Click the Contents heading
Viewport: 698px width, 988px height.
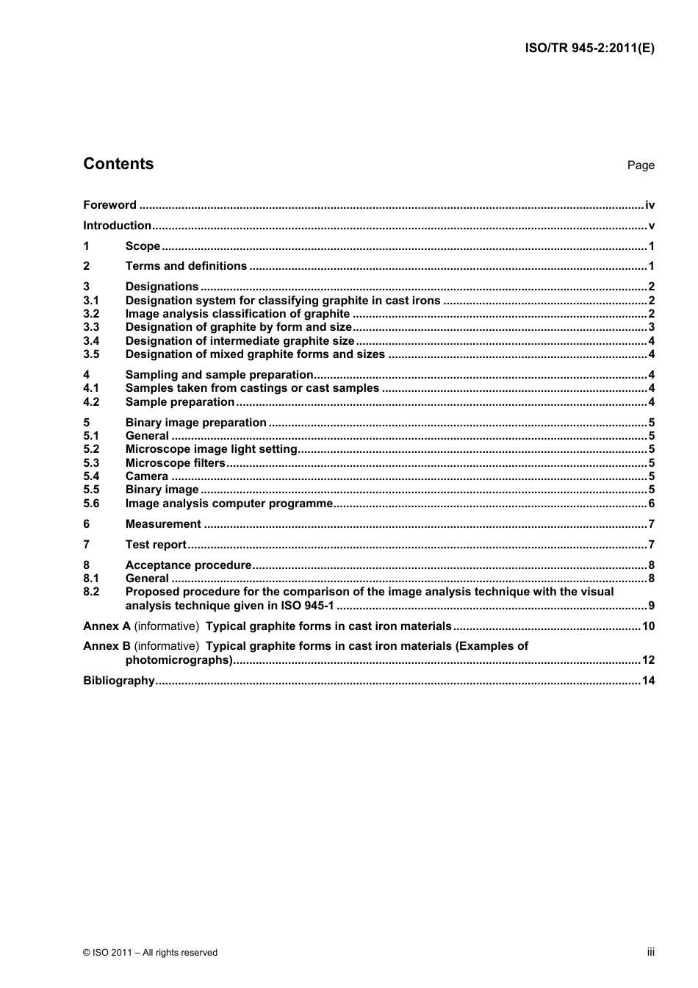click(118, 164)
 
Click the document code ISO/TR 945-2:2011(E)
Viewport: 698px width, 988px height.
click(589, 49)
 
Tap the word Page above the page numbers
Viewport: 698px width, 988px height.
click(640, 165)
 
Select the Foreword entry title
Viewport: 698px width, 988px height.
click(109, 205)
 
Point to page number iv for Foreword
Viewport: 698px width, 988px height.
click(650, 205)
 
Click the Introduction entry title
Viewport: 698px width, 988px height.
click(117, 226)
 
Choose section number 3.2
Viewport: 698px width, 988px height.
click(91, 314)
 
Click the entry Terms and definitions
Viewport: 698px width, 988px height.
click(186, 266)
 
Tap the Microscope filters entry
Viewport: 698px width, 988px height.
click(175, 463)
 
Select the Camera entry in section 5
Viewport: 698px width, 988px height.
click(146, 476)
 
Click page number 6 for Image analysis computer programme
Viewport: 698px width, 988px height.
click(651, 504)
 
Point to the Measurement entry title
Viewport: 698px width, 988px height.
click(162, 524)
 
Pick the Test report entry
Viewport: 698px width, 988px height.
click(156, 545)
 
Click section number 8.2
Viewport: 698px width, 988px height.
click(91, 592)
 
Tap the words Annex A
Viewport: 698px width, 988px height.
click(107, 626)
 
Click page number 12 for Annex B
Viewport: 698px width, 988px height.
click(647, 660)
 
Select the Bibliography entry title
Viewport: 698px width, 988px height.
click(119, 681)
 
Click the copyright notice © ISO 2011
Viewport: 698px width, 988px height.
click(150, 953)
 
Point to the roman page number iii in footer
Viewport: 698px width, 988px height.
click(650, 952)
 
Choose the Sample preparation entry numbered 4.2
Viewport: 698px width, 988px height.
click(179, 402)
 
